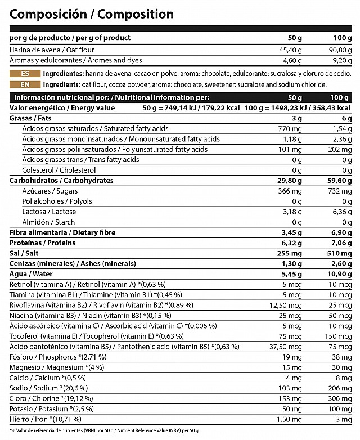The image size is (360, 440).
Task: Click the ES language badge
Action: (x=25, y=74)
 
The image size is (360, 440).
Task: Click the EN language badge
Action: (x=25, y=84)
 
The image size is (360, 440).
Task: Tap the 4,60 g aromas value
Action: (x=290, y=60)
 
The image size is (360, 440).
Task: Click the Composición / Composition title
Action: (x=92, y=14)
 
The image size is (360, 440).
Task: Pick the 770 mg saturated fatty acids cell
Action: (x=290, y=129)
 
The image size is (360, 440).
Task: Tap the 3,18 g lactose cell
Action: (x=291, y=212)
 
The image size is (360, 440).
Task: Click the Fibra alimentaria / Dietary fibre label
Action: (x=62, y=232)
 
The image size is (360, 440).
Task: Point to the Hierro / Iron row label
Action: (x=46, y=419)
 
